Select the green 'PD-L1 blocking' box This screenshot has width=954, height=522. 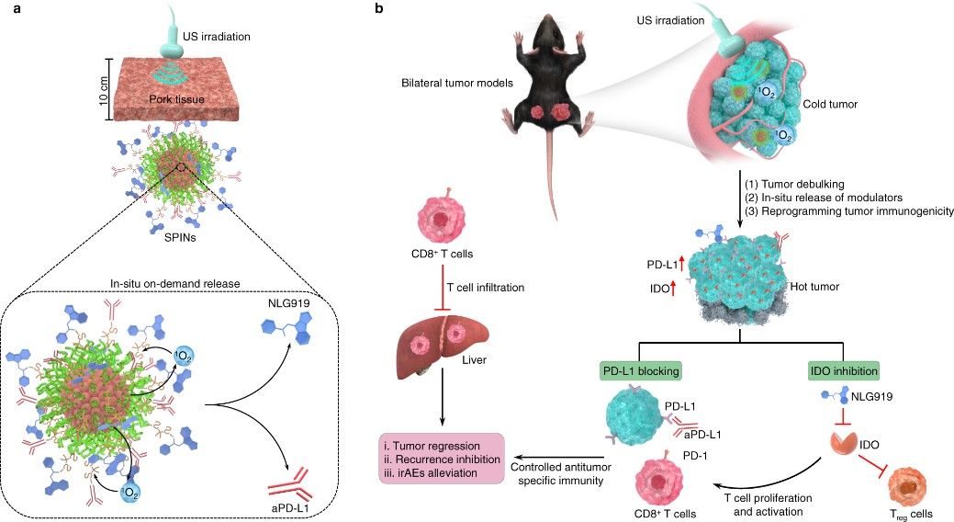(640, 370)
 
